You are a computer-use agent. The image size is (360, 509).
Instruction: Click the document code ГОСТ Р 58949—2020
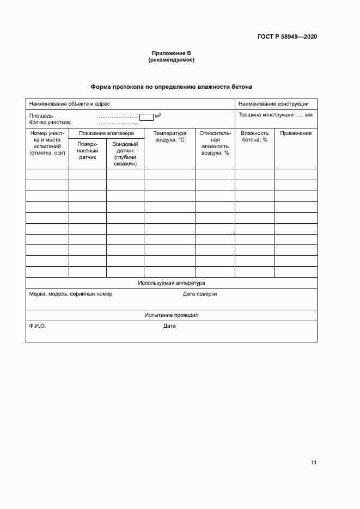tap(287, 36)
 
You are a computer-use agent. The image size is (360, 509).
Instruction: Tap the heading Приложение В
tap(172, 53)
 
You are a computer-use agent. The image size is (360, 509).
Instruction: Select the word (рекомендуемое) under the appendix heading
tap(172, 60)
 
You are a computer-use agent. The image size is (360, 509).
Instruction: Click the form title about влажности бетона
tap(172, 87)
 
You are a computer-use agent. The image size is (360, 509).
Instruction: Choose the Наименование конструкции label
tap(273, 103)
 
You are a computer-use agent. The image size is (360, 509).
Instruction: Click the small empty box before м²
tap(147, 116)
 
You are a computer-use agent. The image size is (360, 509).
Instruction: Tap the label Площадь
tap(41, 116)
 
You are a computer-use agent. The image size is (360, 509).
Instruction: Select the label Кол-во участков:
tap(51, 122)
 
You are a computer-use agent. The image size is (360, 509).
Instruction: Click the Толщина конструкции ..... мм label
tap(275, 115)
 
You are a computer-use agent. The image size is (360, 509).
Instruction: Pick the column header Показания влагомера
tap(106, 133)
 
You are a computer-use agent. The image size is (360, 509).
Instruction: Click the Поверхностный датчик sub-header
tap(87, 151)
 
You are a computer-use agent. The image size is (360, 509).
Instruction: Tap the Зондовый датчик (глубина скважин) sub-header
tap(125, 154)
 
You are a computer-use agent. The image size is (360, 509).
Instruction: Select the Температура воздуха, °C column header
tap(169, 137)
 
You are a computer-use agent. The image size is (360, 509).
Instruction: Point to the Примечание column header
tap(296, 133)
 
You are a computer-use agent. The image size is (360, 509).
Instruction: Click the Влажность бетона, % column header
tap(254, 137)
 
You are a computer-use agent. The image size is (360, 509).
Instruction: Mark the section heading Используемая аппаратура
tap(172, 283)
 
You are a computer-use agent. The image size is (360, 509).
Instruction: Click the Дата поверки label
tap(200, 294)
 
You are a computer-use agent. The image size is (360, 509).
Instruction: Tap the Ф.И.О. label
tap(38, 326)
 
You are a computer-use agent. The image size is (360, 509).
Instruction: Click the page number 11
tap(314, 463)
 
